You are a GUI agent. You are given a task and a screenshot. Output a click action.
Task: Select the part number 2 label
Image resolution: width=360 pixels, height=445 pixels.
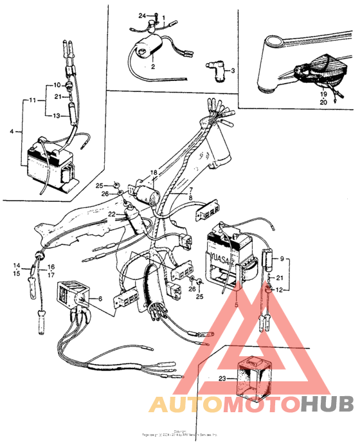click(x=153, y=66)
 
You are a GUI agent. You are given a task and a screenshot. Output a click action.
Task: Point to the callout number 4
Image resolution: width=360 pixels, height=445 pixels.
click(x=12, y=131)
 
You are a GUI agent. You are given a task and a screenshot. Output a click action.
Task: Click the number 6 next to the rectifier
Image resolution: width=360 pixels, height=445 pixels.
click(x=100, y=298)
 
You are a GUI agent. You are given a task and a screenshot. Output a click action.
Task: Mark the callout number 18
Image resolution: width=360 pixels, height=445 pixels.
click(x=154, y=173)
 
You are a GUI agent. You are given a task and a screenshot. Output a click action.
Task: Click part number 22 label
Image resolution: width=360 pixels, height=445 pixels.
click(x=111, y=214)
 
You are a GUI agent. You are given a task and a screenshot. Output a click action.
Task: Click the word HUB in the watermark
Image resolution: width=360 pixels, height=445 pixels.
click(x=327, y=403)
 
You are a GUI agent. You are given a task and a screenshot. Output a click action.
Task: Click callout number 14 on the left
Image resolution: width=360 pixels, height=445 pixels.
click(x=18, y=265)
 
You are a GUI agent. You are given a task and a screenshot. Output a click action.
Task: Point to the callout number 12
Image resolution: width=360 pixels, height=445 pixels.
click(x=278, y=291)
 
